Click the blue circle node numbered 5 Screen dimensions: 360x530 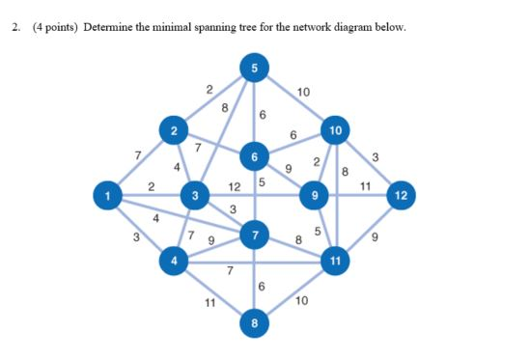point(254,68)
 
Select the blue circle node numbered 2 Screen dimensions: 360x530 point(175,129)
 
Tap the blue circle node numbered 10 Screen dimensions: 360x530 point(335,129)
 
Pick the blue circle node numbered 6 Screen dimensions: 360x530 point(255,155)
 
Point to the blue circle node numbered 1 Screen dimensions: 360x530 point(106,196)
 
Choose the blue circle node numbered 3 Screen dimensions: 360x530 point(195,196)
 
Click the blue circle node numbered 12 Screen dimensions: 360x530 point(402,196)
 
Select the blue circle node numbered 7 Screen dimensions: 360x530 point(255,235)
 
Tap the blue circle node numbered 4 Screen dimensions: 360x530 point(175,261)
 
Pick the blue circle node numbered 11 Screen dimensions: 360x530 point(335,261)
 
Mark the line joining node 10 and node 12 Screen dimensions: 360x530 point(368,162)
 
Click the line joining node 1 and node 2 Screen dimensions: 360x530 point(140,162)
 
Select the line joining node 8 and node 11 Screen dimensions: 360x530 point(294,292)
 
